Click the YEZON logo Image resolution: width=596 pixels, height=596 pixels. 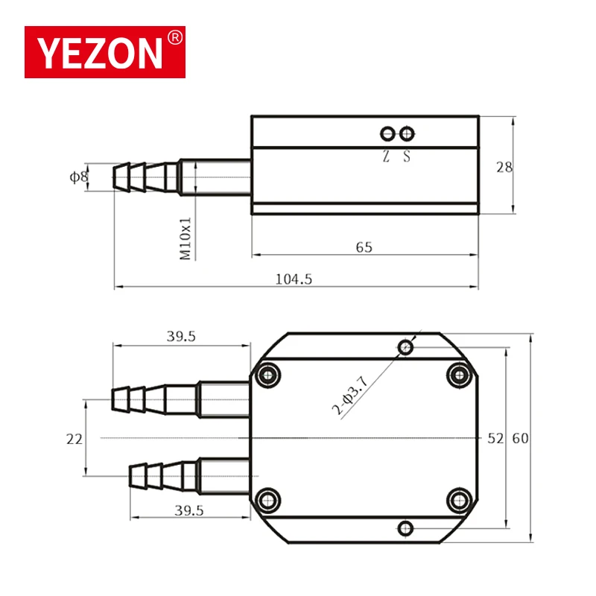coord(104,52)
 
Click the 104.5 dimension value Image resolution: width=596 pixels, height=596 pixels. coord(294,279)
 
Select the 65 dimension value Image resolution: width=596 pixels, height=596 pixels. coord(364,247)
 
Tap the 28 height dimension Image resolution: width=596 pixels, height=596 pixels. coord(504,168)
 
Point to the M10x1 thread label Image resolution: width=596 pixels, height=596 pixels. coord(186,238)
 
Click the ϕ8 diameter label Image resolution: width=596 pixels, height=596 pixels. coord(78,177)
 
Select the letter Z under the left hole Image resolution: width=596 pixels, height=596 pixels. coord(386,157)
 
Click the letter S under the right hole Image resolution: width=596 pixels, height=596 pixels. coord(407,157)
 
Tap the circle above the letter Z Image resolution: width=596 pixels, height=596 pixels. coord(387,133)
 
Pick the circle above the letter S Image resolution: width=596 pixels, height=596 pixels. coord(406,133)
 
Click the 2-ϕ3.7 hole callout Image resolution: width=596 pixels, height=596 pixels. coord(350,396)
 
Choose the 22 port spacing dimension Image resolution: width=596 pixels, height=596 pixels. coord(74,440)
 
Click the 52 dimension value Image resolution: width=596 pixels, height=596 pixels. coord(495,439)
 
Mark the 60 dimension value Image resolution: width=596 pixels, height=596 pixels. coord(519,439)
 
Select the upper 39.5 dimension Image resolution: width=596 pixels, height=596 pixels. coord(181,337)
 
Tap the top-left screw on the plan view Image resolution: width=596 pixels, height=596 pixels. coord(270,373)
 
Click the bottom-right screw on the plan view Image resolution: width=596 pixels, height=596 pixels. coord(457,498)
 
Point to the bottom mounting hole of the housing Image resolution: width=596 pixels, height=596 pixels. coord(405,528)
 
